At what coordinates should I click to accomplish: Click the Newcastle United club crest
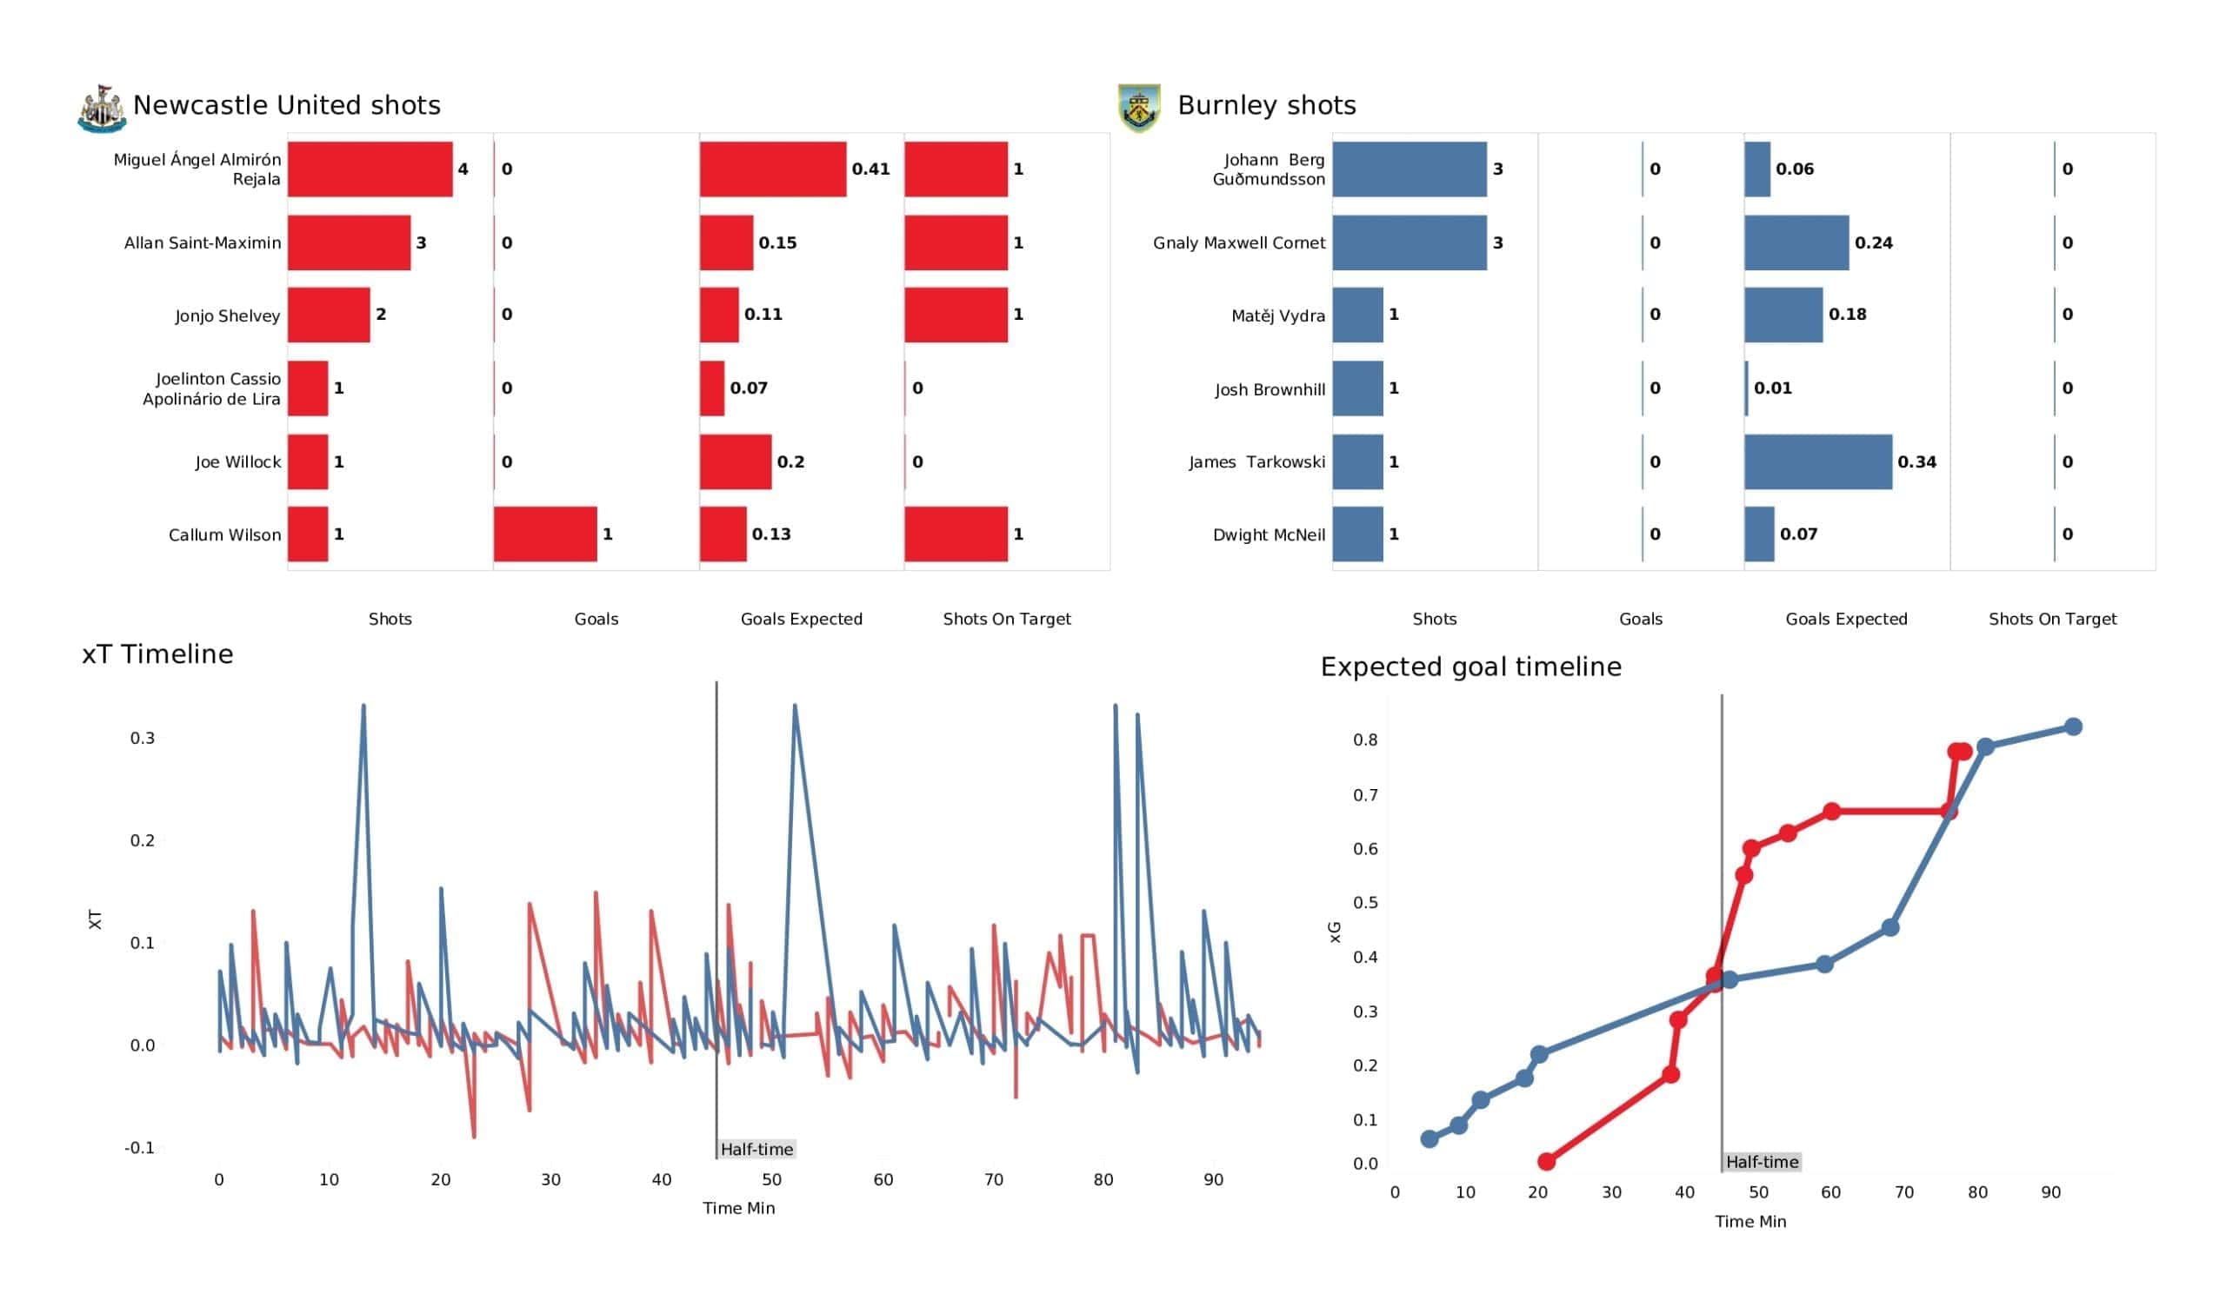(x=102, y=109)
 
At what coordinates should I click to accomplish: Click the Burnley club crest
(x=1139, y=108)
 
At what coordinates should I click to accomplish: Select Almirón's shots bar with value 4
(x=370, y=169)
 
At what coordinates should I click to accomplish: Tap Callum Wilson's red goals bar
(x=545, y=534)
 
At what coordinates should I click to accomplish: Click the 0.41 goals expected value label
(x=871, y=169)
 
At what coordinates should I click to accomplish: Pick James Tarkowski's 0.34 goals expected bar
(x=1818, y=461)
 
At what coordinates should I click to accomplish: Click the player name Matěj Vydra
(x=1277, y=316)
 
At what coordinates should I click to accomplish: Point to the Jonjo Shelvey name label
(x=227, y=316)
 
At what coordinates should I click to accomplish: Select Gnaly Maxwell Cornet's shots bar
(x=1410, y=242)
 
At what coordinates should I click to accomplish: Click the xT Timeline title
(x=158, y=654)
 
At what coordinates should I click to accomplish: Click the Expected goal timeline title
(x=1470, y=667)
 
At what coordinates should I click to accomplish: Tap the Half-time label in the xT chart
(x=757, y=1150)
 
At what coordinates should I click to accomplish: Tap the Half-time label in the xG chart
(x=1763, y=1163)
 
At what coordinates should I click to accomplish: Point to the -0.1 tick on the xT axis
(x=140, y=1148)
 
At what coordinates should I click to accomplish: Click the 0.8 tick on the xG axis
(x=1366, y=740)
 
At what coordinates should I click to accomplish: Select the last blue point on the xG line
(x=2073, y=726)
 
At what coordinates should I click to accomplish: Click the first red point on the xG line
(x=1547, y=1162)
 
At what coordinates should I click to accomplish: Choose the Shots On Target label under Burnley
(x=2053, y=619)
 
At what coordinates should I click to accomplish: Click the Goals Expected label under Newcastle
(x=801, y=619)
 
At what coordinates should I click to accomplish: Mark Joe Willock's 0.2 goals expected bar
(x=736, y=461)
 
